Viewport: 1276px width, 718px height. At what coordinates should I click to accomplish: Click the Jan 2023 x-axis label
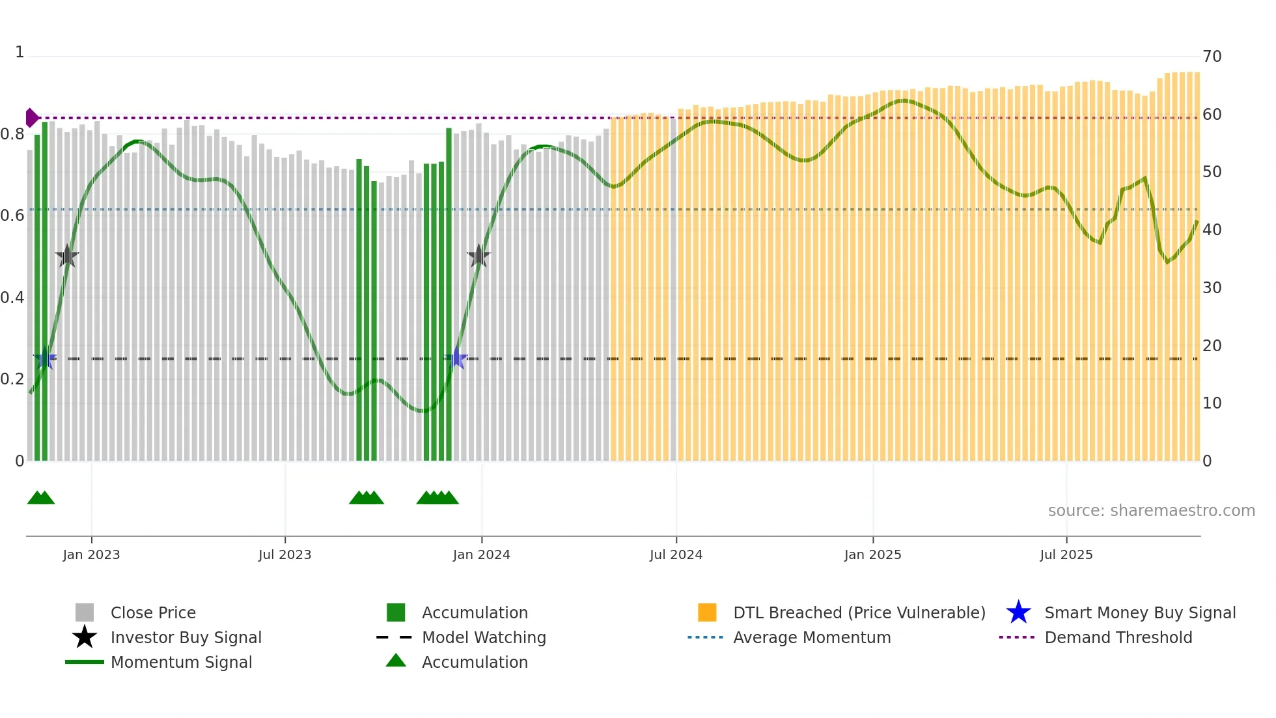[91, 554]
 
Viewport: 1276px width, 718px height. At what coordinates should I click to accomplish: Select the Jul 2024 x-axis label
[676, 554]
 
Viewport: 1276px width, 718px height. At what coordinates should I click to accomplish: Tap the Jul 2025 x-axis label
[1066, 554]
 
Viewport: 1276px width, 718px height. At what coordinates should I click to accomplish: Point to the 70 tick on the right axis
[1212, 57]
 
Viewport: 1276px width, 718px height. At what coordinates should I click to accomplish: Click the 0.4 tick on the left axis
[12, 298]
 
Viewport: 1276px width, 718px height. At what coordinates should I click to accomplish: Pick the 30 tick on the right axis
[1212, 288]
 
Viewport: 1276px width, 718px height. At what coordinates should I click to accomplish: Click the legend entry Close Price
[153, 612]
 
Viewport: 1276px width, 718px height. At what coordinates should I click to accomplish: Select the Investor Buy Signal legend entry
[186, 637]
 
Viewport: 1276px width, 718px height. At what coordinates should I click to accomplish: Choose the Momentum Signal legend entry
[181, 662]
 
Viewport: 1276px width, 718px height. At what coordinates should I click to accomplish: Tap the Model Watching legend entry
[484, 637]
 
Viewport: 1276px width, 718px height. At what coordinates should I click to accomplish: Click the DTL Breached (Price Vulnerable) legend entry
[859, 612]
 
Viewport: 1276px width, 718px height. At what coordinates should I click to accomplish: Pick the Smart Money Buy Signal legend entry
[1140, 612]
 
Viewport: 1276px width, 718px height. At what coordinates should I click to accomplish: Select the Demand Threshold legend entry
[1118, 637]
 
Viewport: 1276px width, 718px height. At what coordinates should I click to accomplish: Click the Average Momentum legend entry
[812, 637]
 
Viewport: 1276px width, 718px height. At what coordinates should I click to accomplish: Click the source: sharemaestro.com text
[1151, 511]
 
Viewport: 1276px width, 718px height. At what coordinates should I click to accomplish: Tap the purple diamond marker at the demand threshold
[31, 118]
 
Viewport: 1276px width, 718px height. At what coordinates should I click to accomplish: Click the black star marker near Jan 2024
[478, 256]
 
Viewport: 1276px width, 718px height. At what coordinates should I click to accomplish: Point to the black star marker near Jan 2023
[67, 256]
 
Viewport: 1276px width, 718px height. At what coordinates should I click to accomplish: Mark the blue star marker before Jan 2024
[457, 358]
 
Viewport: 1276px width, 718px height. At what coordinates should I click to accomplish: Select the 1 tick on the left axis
[20, 52]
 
